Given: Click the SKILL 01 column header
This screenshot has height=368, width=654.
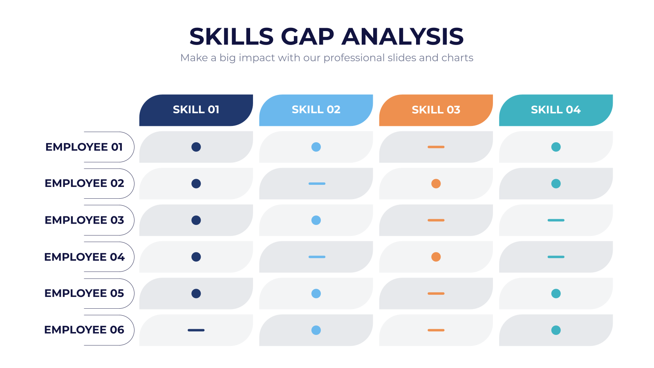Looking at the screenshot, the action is pos(196,110).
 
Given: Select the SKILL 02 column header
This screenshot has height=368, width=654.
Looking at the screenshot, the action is pos(316,110).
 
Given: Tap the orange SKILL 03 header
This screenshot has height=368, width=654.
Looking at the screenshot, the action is pos(436,110).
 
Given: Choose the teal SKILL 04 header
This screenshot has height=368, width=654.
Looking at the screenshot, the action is pos(556,110).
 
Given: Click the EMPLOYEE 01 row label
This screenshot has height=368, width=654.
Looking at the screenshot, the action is pos(84,147).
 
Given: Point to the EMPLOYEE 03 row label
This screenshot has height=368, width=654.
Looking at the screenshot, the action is pos(84,220).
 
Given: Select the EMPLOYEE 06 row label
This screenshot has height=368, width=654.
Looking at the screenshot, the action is pos(84,330).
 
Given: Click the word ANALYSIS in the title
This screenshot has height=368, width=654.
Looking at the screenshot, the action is pos(403,36).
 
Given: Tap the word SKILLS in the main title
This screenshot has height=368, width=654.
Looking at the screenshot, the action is pos(231,36).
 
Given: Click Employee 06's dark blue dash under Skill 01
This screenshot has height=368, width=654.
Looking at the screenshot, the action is pos(196,330).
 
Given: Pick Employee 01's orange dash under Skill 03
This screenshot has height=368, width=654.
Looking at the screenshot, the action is pos(436,147).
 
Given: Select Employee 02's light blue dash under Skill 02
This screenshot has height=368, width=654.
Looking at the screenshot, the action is pos(317,184).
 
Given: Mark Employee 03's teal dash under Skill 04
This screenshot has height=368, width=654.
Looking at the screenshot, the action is pos(556,220).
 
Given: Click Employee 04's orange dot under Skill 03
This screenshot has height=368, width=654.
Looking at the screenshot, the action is pos(436,257).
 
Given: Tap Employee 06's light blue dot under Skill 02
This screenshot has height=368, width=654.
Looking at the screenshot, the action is pos(316,330).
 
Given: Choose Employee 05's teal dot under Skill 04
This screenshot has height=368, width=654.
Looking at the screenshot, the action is pos(556,294).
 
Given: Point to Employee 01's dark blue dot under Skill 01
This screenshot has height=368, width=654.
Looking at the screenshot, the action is pos(196,147).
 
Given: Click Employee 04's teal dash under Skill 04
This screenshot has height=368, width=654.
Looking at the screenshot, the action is pos(556,257).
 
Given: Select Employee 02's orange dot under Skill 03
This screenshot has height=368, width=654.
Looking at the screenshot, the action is pos(436,184).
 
